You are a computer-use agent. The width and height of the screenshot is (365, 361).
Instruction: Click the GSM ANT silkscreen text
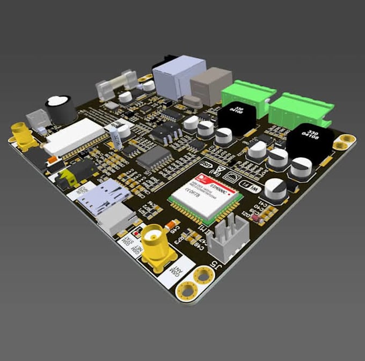[x=175, y=272]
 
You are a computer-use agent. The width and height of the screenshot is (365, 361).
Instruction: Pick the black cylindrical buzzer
[x=60, y=110]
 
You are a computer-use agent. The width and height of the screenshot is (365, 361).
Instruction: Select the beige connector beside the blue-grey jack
[x=209, y=86]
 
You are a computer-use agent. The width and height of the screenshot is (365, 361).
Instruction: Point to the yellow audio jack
[x=70, y=178]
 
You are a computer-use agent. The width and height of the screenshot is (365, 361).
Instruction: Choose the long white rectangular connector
[x=75, y=135]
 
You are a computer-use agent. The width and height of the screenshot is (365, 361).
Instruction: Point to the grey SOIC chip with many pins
[x=155, y=158]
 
